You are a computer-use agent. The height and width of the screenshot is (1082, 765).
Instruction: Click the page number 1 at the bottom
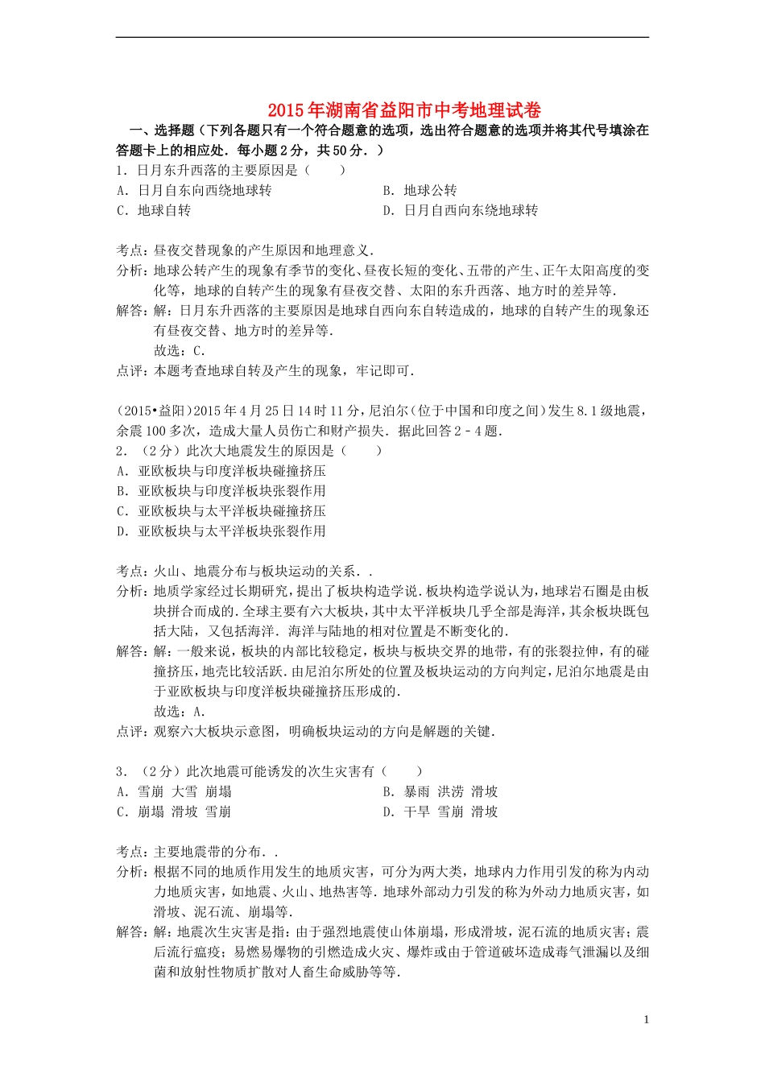[x=646, y=1019]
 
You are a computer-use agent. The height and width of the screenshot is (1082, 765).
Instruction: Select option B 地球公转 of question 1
[x=420, y=190]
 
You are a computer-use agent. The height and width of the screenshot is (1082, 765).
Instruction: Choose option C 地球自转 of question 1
[x=154, y=210]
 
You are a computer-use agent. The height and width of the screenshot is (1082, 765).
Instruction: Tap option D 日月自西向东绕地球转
[x=460, y=210]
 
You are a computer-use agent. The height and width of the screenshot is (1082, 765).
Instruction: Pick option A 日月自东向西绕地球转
[x=194, y=190]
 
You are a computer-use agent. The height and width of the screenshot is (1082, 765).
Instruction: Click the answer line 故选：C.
[x=180, y=350]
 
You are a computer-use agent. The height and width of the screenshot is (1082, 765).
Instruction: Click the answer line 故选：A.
[x=180, y=711]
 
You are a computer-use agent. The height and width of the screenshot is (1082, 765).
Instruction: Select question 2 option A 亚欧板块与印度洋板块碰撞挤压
[x=221, y=470]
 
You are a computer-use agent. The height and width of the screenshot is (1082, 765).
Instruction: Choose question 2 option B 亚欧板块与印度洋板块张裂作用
[x=221, y=490]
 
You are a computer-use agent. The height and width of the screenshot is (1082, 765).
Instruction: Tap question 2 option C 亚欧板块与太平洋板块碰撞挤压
[x=221, y=510]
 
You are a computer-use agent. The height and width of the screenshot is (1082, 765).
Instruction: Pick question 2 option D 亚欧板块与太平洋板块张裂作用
[x=221, y=531]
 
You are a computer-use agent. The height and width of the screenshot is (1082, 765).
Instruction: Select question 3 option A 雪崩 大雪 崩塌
[x=174, y=791]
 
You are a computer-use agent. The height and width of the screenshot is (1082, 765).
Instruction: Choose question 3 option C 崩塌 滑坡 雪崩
[x=174, y=811]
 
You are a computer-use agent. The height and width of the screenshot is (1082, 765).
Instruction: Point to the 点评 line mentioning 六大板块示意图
[x=306, y=731]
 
